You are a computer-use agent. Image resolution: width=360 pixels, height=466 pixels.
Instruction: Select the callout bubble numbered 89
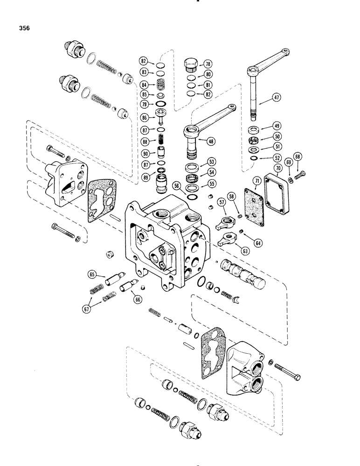coord(145,178)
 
